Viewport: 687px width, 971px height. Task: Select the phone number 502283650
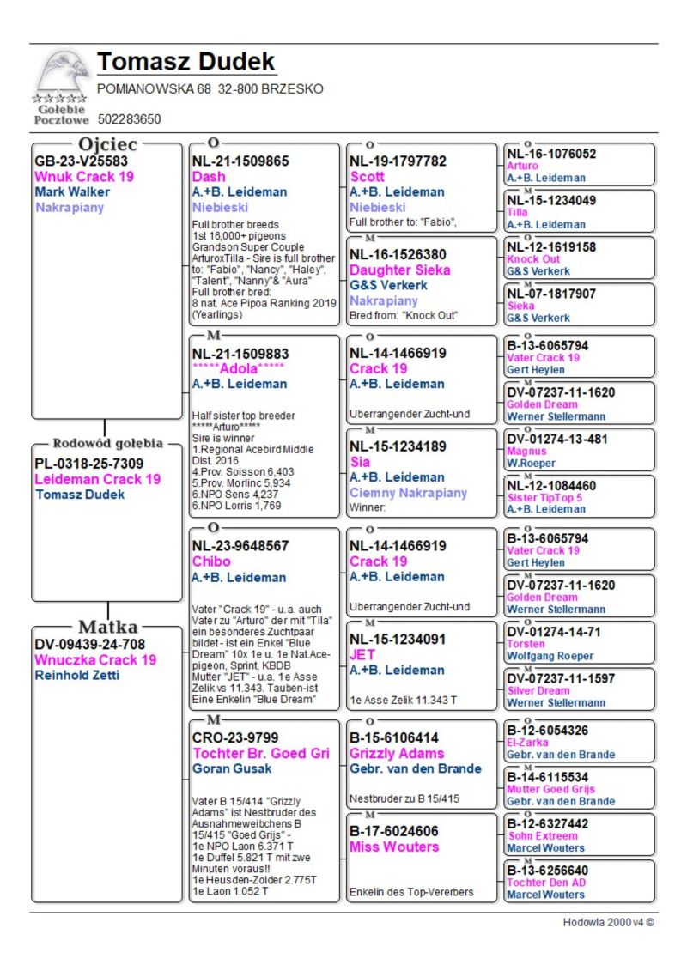(x=129, y=119)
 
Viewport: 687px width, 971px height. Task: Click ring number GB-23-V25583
(x=81, y=161)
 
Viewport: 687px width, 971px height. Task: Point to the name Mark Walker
(x=72, y=191)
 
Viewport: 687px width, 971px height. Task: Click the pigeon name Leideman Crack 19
(x=97, y=479)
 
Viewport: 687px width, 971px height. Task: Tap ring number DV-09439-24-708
(x=89, y=644)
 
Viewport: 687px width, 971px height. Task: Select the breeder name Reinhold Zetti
(x=76, y=675)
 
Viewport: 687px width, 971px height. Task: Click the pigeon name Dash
(x=209, y=176)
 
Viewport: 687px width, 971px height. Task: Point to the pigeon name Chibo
(x=211, y=561)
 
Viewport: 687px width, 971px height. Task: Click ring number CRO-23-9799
(x=235, y=737)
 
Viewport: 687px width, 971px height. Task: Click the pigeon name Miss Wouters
(x=393, y=847)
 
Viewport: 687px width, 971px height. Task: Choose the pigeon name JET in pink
(x=362, y=654)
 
